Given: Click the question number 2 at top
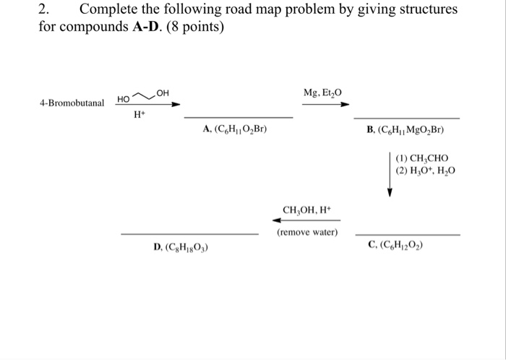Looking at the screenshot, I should tap(45, 10).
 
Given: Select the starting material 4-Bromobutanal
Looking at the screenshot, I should tap(72, 103).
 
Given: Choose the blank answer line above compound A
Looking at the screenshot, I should tap(238, 117).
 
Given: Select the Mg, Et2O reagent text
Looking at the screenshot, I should tap(322, 92).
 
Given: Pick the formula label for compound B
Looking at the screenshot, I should tap(405, 131).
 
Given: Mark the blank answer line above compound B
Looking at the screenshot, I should tap(406, 118).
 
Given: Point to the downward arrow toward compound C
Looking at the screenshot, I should tap(390, 174).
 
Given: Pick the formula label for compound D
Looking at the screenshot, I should tap(182, 247).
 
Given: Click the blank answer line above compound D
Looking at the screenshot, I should tap(189, 234).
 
